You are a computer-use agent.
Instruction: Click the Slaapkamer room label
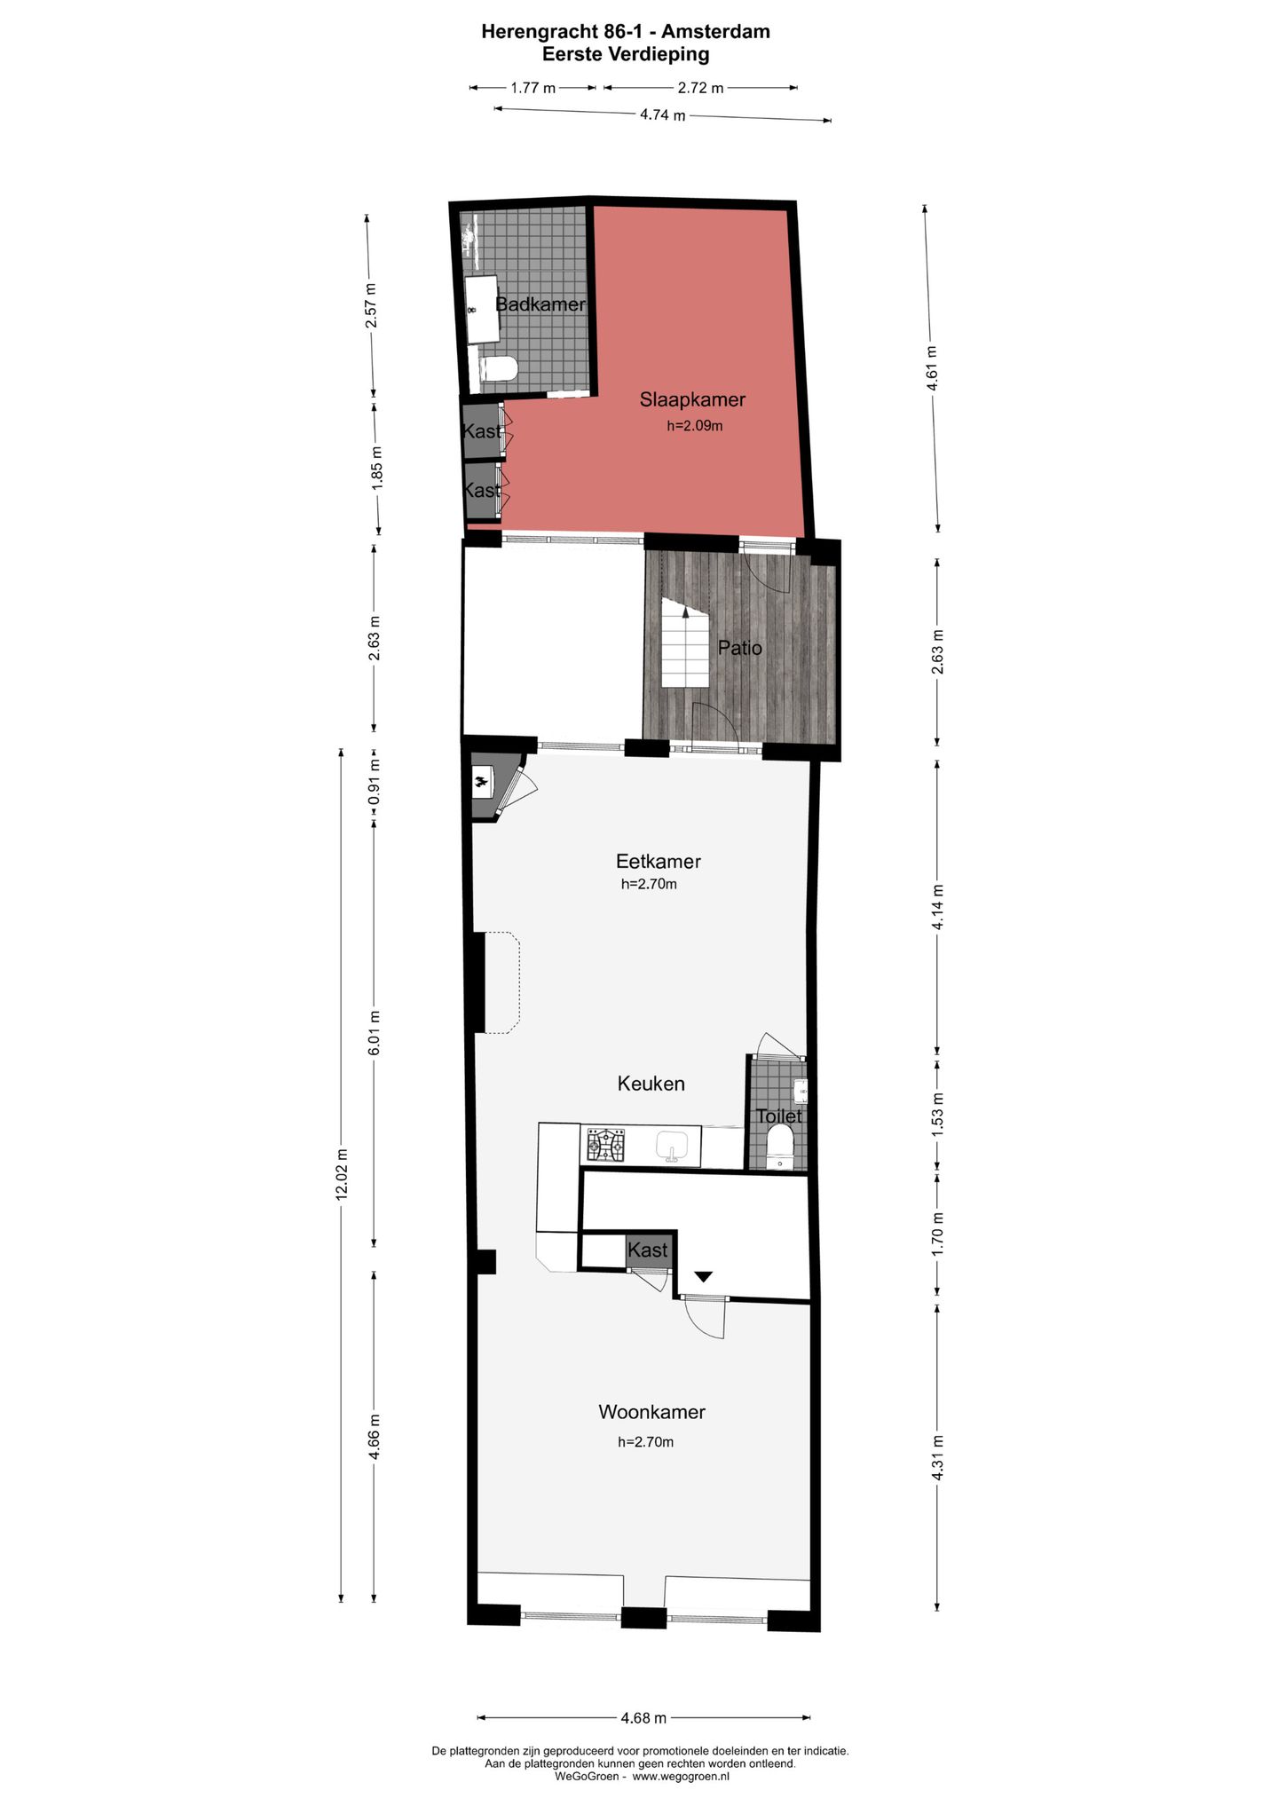coord(692,399)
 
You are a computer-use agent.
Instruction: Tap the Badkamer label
coord(540,304)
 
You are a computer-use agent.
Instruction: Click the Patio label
coord(739,648)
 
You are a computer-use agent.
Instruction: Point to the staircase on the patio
coord(685,643)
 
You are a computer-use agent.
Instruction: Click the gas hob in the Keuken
coord(603,1145)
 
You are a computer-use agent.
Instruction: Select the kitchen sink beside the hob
coord(674,1147)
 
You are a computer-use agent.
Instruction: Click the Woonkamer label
coord(651,1411)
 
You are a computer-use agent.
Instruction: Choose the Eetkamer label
coord(658,861)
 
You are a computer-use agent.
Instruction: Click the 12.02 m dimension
coord(342,1173)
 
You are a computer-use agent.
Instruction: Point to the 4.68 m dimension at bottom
coord(643,1717)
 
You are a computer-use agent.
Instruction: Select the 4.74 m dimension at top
coord(662,114)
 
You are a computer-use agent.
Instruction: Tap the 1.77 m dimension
coord(532,88)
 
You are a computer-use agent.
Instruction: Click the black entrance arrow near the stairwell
coord(704,1276)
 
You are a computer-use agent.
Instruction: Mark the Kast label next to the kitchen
coord(647,1250)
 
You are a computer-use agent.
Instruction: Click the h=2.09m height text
coord(695,426)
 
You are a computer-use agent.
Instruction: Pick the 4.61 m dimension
coord(931,367)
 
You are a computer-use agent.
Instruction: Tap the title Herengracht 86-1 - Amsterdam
coord(625,32)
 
